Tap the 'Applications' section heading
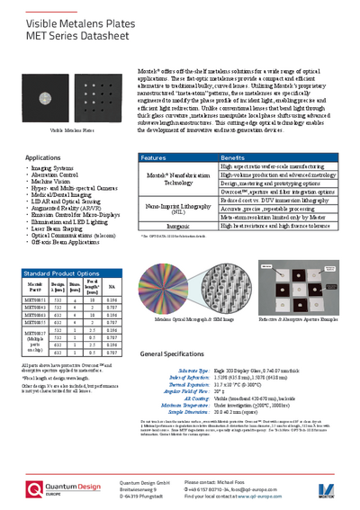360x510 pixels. (43, 157)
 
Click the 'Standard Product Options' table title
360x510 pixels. (62, 271)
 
